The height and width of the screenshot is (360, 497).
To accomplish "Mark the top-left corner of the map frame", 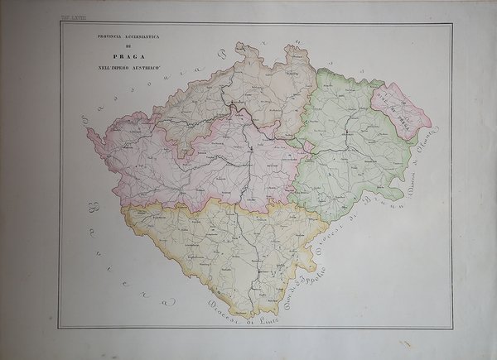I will [60, 22].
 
